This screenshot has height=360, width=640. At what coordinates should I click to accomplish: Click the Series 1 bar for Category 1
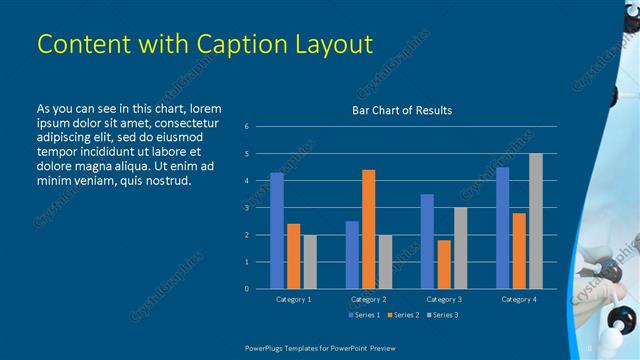pos(276,231)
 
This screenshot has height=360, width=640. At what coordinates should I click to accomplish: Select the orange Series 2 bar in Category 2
pos(368,229)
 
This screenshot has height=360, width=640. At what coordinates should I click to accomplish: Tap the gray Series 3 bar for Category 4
pos(536,221)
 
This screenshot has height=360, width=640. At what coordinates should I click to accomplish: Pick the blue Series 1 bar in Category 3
pos(427,241)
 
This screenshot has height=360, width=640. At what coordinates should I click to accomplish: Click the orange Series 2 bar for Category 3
pos(444,264)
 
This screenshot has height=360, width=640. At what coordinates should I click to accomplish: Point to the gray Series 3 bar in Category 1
pos(310,261)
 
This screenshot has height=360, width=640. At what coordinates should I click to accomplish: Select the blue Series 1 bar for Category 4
pos(502,228)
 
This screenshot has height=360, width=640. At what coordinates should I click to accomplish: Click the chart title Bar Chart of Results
pos(402,110)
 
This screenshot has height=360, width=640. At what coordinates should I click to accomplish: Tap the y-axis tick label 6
pos(247,127)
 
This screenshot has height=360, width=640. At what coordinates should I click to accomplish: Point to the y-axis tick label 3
pos(247,208)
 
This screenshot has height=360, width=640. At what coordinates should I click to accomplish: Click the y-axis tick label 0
pos(247,289)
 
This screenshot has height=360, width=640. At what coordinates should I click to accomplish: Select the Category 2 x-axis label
pos(368,299)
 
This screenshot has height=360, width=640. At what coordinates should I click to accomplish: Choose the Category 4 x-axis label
pos(518,299)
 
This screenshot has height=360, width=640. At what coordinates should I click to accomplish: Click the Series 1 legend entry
pos(363,315)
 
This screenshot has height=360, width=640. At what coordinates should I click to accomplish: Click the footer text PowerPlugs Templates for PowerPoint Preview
pos(320,346)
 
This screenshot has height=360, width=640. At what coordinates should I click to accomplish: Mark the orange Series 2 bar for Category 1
pos(293,256)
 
